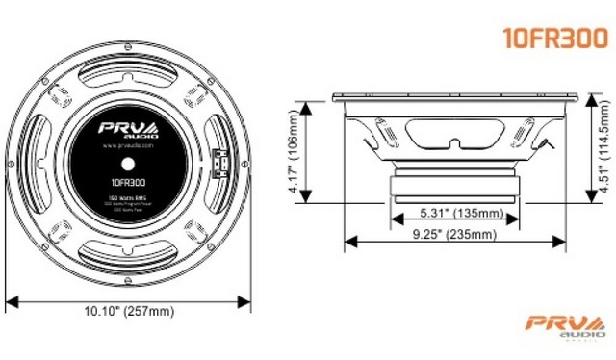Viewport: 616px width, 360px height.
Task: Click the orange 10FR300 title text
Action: [x=554, y=37]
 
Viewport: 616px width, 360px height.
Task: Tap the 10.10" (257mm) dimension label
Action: [x=128, y=310]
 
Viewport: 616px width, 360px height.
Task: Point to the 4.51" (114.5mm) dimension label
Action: [x=603, y=153]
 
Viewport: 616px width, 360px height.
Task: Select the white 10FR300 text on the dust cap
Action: [x=128, y=180]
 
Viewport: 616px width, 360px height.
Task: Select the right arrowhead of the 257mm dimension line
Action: [x=249, y=298]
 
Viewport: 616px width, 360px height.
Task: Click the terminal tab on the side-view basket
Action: [x=549, y=144]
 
